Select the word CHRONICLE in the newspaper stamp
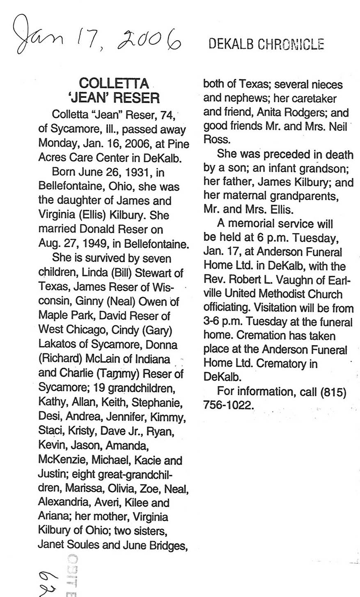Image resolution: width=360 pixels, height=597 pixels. [291, 44]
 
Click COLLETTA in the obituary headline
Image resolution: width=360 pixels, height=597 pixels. [114, 83]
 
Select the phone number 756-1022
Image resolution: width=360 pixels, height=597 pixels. [227, 405]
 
